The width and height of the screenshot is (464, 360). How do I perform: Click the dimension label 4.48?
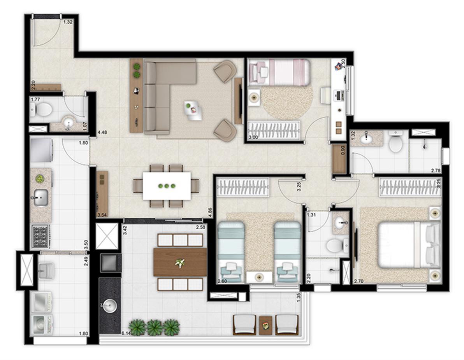tap(103, 132)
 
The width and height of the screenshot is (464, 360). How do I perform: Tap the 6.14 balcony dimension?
tap(126, 334)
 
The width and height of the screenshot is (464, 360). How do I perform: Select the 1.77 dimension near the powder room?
tap(36, 100)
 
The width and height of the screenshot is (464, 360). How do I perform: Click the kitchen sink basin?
tap(41, 198)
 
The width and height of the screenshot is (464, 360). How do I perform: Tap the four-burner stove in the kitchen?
tap(41, 236)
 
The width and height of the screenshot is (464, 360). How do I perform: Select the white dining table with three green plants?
tap(167, 186)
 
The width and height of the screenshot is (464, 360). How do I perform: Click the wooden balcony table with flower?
tap(180, 262)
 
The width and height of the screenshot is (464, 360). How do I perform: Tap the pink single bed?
tap(279, 72)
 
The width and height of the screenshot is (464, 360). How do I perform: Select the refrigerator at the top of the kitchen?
tap(41, 150)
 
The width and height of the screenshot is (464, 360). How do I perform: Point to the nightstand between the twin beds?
tap(259, 277)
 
